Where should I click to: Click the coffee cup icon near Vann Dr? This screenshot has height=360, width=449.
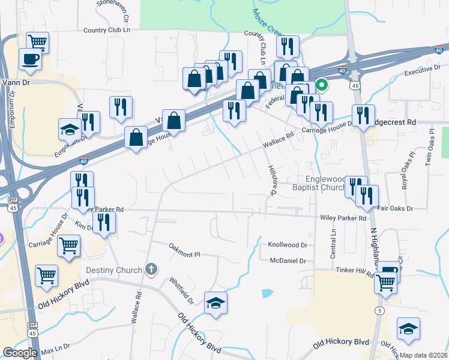coord(29,59)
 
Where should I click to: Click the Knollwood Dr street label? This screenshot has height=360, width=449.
coord(287,245)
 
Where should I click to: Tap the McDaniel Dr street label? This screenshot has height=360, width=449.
coord(288,261)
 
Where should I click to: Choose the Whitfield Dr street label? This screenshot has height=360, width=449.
coord(181,289)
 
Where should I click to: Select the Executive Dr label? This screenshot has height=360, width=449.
coord(418,71)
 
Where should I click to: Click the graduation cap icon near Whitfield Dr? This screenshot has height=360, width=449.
coord(215,303)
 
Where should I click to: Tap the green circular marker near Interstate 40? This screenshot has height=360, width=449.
coord(321,85)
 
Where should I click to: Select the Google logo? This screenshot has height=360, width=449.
coord(20,353)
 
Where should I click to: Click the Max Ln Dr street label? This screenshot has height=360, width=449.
coord(55,347)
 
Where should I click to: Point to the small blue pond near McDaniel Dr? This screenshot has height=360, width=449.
coord(267,293)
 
